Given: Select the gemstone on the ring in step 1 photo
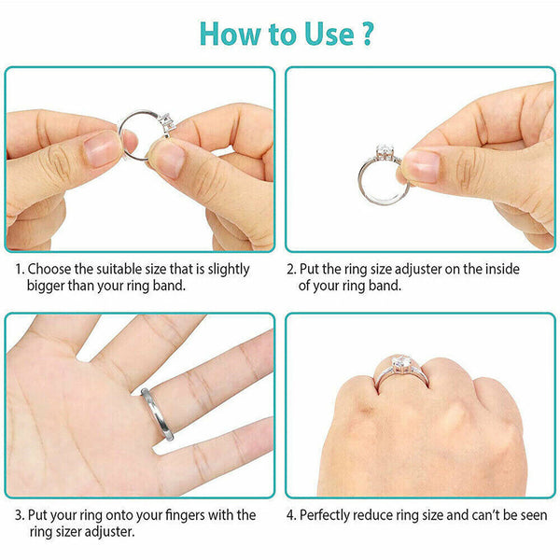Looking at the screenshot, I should [167, 123].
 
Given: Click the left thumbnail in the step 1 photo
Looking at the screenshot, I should [102, 148].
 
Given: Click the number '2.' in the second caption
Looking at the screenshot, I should [291, 269].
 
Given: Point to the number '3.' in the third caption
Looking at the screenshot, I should [20, 514].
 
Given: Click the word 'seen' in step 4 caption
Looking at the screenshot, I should [530, 514].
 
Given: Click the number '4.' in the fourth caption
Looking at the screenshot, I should [291, 514].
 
